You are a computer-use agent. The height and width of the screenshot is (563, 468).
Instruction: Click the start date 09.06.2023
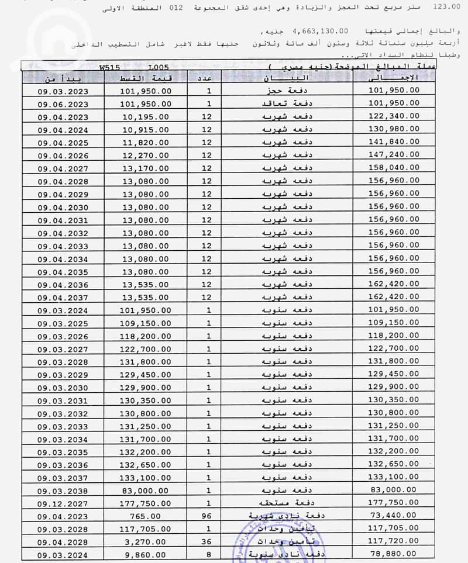click(63, 103)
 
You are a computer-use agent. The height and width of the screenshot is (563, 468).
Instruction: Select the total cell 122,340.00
click(394, 117)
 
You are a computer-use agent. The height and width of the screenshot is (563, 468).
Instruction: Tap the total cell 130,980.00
click(394, 130)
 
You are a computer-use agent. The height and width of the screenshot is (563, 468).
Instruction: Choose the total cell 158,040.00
click(394, 169)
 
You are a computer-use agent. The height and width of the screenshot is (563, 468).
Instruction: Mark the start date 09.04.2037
click(63, 298)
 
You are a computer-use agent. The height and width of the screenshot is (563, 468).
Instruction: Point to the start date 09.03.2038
click(63, 491)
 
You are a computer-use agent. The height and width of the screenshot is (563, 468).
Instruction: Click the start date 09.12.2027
click(63, 504)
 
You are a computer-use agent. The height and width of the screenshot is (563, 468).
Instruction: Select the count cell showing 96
click(207, 517)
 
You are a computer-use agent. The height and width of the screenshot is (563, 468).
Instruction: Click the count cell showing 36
click(207, 543)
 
